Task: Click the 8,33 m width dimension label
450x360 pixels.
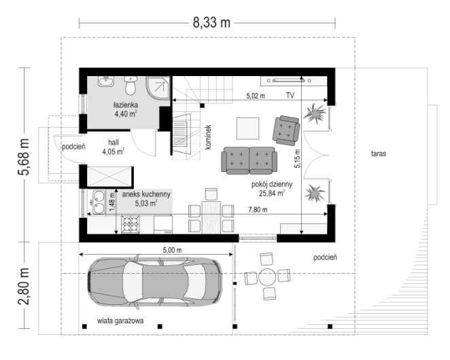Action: pyautogui.click(x=211, y=22)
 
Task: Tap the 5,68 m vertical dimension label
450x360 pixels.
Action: pyautogui.click(x=24, y=157)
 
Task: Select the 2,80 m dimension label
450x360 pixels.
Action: pyautogui.click(x=24, y=286)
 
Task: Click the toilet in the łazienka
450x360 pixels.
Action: pyautogui.click(x=131, y=85)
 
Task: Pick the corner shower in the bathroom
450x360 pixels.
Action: pyautogui.click(x=158, y=88)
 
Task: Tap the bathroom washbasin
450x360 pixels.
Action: pyautogui.click(x=106, y=82)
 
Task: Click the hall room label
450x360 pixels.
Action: pyautogui.click(x=114, y=142)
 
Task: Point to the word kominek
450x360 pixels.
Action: pyautogui.click(x=208, y=137)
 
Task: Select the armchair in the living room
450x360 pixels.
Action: pyautogui.click(x=286, y=130)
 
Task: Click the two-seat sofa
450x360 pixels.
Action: pyautogui.click(x=249, y=160)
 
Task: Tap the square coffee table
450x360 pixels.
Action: pyautogui.click(x=247, y=128)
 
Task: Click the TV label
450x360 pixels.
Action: pyautogui.click(x=290, y=95)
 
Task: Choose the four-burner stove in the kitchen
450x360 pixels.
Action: pyautogui.click(x=131, y=225)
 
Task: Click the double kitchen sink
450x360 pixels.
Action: pyautogui.click(x=99, y=203)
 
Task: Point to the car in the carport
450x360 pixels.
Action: pyautogui.click(x=155, y=283)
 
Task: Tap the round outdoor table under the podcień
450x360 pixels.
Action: pyautogui.click(x=267, y=277)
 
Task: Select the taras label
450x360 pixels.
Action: pyautogui.click(x=379, y=154)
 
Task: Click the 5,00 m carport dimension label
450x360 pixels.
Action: pyautogui.click(x=172, y=250)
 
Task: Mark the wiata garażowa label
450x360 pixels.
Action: pyautogui.click(x=120, y=321)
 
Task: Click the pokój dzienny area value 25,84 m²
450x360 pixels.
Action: pyautogui.click(x=272, y=194)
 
